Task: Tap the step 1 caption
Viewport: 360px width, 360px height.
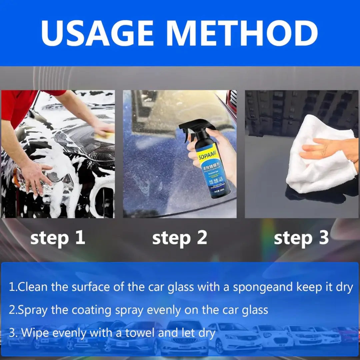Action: pos(58,238)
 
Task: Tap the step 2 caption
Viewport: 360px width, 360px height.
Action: pos(180,238)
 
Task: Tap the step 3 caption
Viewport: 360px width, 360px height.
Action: pos(301,238)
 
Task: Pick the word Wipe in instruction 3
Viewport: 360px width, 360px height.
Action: pos(36,333)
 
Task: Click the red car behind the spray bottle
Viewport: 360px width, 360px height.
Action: pos(231,100)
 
